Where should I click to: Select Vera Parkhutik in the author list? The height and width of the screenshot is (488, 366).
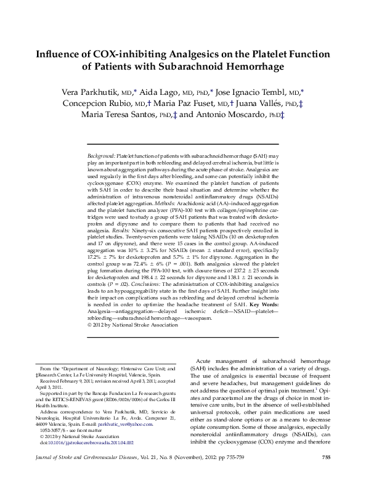tap(90, 92)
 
